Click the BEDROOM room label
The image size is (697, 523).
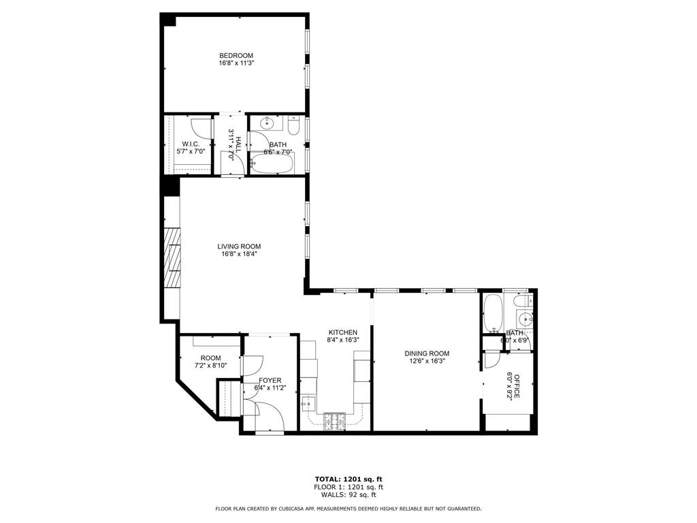(x=236, y=55)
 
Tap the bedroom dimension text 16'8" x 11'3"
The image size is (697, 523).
(x=236, y=63)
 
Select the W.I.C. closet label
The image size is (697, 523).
(x=190, y=143)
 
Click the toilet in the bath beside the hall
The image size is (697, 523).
(x=293, y=127)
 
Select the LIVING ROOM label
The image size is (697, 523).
(x=239, y=247)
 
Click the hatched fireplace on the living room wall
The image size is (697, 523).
(x=173, y=259)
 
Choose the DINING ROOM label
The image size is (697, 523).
(x=427, y=353)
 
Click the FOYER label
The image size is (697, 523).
(x=270, y=380)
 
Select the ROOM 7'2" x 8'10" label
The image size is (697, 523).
(x=210, y=362)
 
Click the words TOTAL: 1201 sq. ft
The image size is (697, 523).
(x=348, y=479)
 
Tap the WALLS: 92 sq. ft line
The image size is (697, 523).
(x=348, y=495)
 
